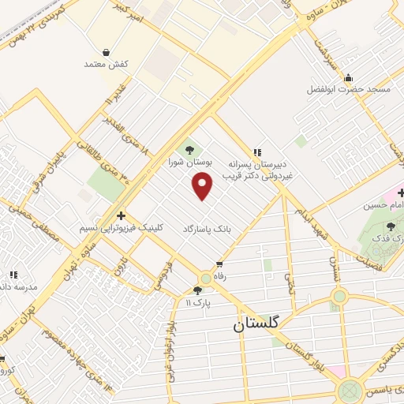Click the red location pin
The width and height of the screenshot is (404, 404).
203,186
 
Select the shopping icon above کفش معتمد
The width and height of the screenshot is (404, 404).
106,53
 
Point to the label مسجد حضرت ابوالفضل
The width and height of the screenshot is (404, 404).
349,89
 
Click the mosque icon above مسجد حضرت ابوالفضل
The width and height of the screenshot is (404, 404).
349,78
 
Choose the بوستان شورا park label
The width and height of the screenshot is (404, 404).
190,161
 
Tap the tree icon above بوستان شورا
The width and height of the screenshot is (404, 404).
189,150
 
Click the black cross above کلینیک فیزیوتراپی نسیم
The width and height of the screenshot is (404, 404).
120,215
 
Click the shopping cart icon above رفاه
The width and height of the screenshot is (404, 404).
219,264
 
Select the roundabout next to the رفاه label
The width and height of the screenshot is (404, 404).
205,278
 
